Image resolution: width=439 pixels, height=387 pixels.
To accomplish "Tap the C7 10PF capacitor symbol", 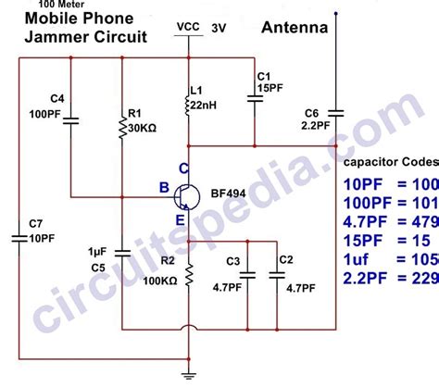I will click(x=19, y=238).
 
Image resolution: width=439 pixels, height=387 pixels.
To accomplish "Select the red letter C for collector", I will click(x=183, y=169).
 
